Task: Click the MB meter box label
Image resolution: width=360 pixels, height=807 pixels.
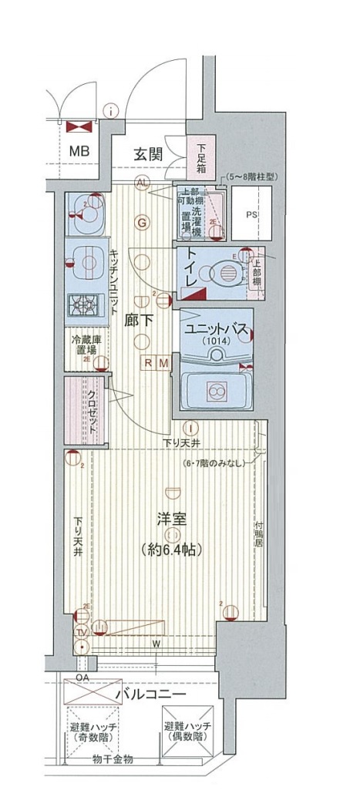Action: point(79,150)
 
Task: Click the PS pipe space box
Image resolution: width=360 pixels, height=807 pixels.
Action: point(252,215)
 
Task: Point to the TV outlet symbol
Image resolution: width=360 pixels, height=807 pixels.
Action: point(80,632)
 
